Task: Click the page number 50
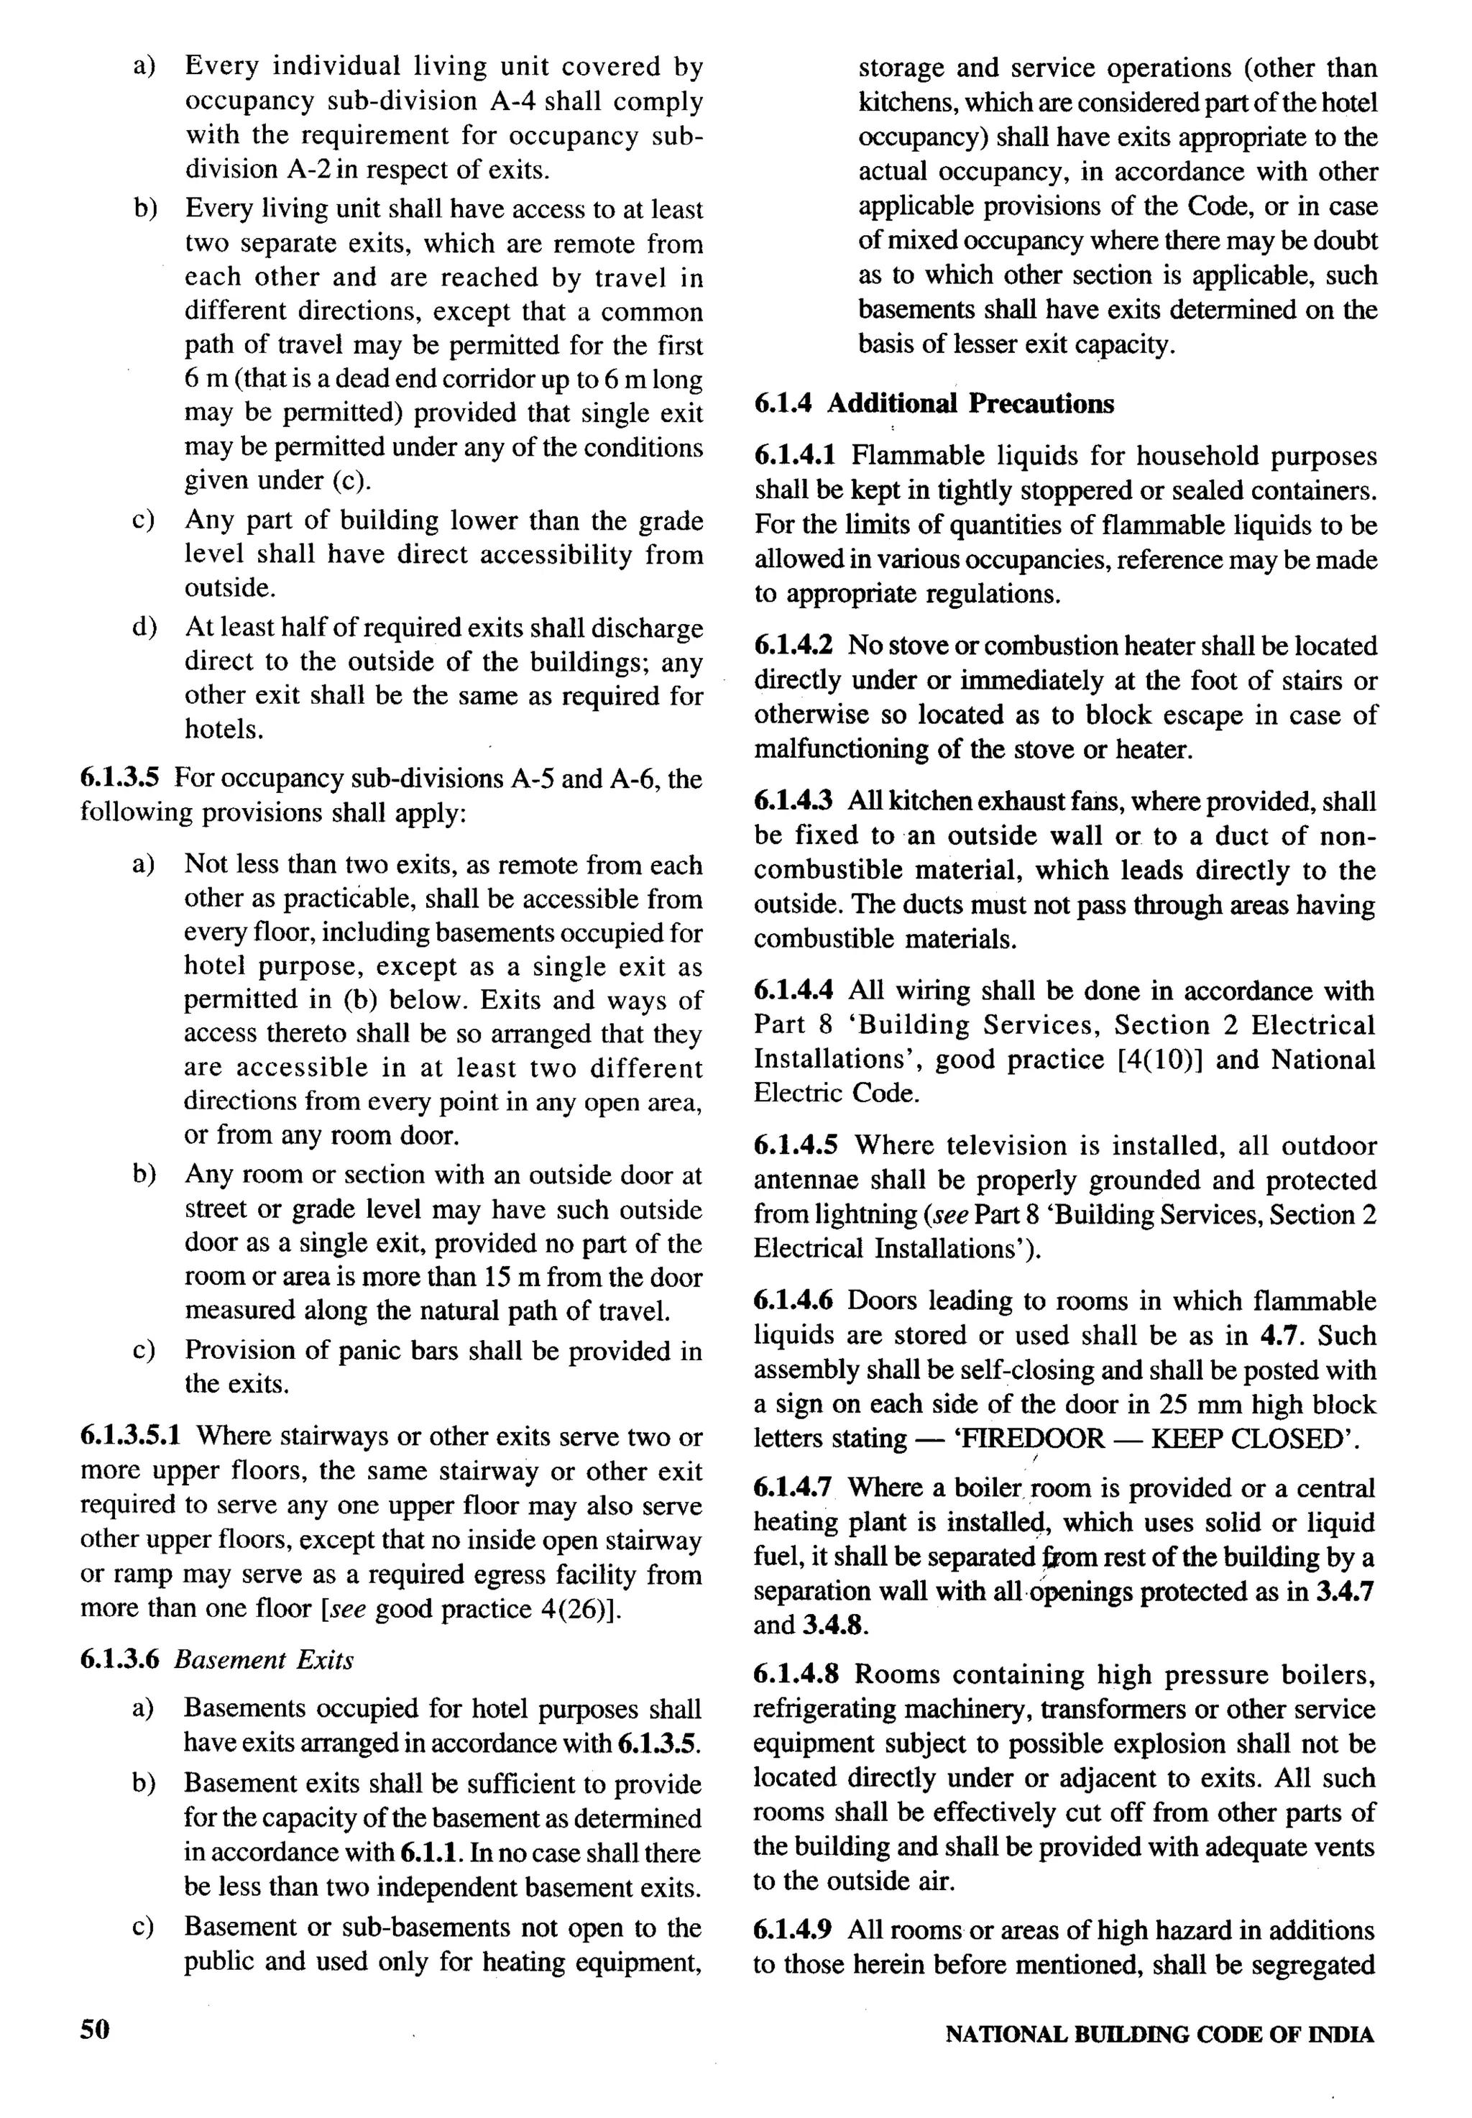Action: (95, 2029)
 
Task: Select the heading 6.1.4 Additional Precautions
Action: (934, 404)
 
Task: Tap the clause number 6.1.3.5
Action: (120, 779)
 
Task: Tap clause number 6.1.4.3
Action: (794, 801)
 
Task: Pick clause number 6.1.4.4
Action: (794, 991)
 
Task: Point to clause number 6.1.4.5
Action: (795, 1146)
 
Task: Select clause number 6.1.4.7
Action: (793, 1488)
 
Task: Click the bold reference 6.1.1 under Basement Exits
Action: (432, 1853)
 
